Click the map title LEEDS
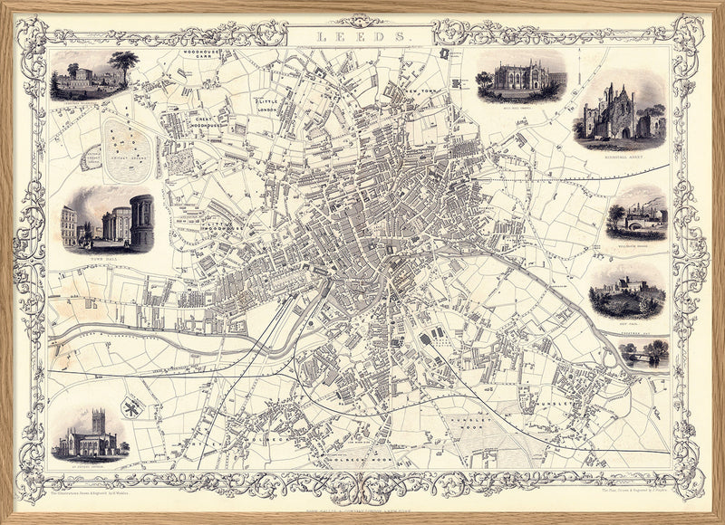click(362, 36)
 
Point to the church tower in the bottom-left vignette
click(97, 425)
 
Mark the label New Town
click(422, 92)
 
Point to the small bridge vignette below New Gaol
click(643, 354)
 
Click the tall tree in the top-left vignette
click(124, 65)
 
